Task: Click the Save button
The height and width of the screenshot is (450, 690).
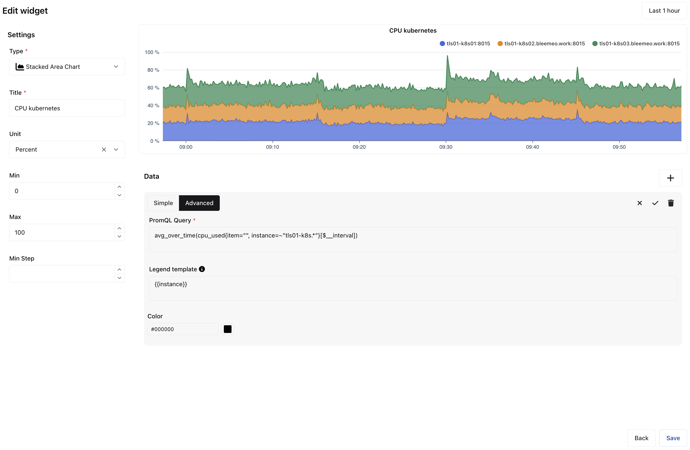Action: tap(672, 438)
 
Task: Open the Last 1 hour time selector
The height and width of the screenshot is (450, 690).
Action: tap(664, 11)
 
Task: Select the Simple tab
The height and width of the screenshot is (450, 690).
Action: tap(163, 203)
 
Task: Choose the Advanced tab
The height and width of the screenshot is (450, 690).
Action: tap(199, 203)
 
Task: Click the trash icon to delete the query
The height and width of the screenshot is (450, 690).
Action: tap(671, 203)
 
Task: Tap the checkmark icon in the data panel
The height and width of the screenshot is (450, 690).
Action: tap(655, 203)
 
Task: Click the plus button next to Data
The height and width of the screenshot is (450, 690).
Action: tap(670, 178)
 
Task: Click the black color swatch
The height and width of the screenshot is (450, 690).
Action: tap(228, 329)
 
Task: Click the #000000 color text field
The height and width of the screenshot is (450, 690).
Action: tap(183, 329)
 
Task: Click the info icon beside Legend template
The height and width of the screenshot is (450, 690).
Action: tap(202, 269)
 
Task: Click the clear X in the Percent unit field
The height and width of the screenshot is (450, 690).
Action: tap(104, 150)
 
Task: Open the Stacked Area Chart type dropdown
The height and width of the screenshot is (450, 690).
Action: tap(67, 67)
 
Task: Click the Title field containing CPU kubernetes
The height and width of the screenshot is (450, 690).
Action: tap(67, 108)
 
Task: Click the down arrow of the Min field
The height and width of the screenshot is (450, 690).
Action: tap(119, 195)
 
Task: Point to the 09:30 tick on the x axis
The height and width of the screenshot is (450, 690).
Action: tap(446, 147)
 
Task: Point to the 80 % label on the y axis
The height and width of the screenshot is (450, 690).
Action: tap(153, 70)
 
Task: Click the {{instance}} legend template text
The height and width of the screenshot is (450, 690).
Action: tap(171, 284)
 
